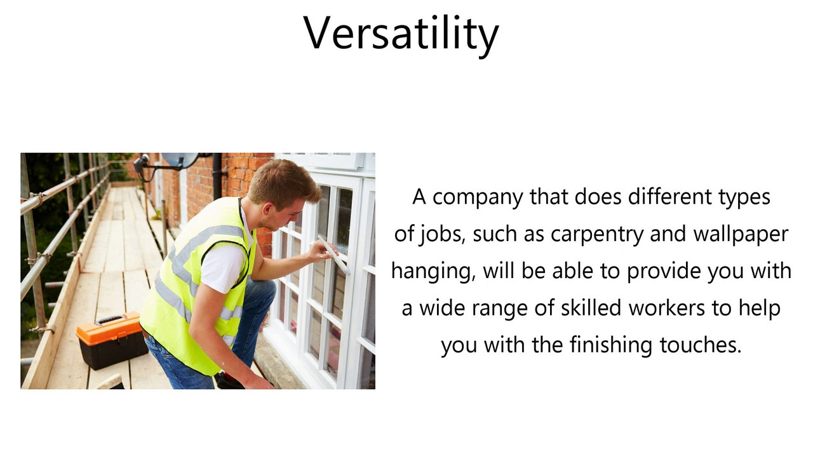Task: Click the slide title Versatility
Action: pyautogui.click(x=401, y=33)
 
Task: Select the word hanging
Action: pyautogui.click(x=433, y=272)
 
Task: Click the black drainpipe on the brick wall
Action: pyautogui.click(x=217, y=175)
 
